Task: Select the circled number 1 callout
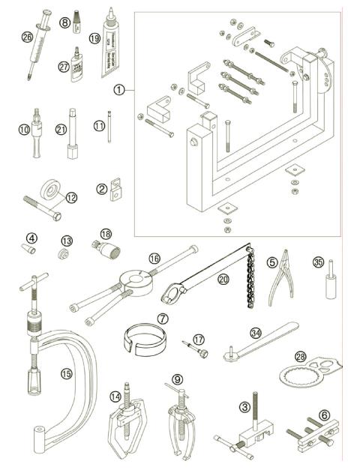coord(118,88)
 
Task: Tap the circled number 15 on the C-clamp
coord(67,372)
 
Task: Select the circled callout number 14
coord(115,397)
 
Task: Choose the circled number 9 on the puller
coord(177,379)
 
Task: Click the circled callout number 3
coord(244,408)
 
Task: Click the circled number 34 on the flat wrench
coord(256,332)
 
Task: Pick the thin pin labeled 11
coord(110,130)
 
